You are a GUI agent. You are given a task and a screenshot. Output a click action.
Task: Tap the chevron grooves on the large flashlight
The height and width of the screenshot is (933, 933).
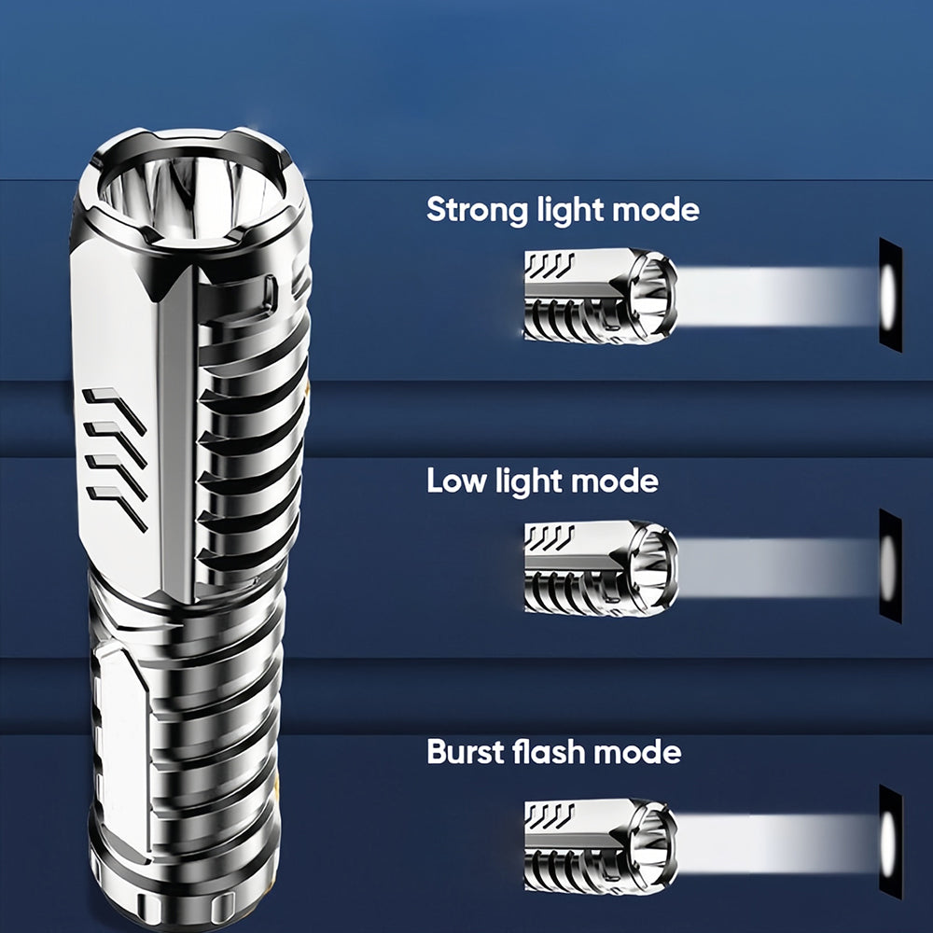(x=116, y=459)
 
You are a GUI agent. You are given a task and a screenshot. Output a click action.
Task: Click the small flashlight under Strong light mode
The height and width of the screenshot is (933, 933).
(x=600, y=296)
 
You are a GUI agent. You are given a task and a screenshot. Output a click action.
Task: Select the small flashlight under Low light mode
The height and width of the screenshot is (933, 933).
(x=600, y=568)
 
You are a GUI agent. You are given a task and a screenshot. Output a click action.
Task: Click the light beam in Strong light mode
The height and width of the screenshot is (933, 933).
(x=778, y=297)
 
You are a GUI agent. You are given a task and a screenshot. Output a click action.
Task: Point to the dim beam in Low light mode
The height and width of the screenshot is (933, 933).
(x=778, y=567)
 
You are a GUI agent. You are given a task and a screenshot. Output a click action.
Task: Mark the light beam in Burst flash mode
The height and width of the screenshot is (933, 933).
(x=778, y=844)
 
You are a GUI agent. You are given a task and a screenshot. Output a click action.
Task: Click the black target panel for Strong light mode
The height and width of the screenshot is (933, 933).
(x=891, y=295)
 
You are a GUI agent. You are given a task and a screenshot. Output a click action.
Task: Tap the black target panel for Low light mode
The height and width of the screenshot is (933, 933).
(x=891, y=566)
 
